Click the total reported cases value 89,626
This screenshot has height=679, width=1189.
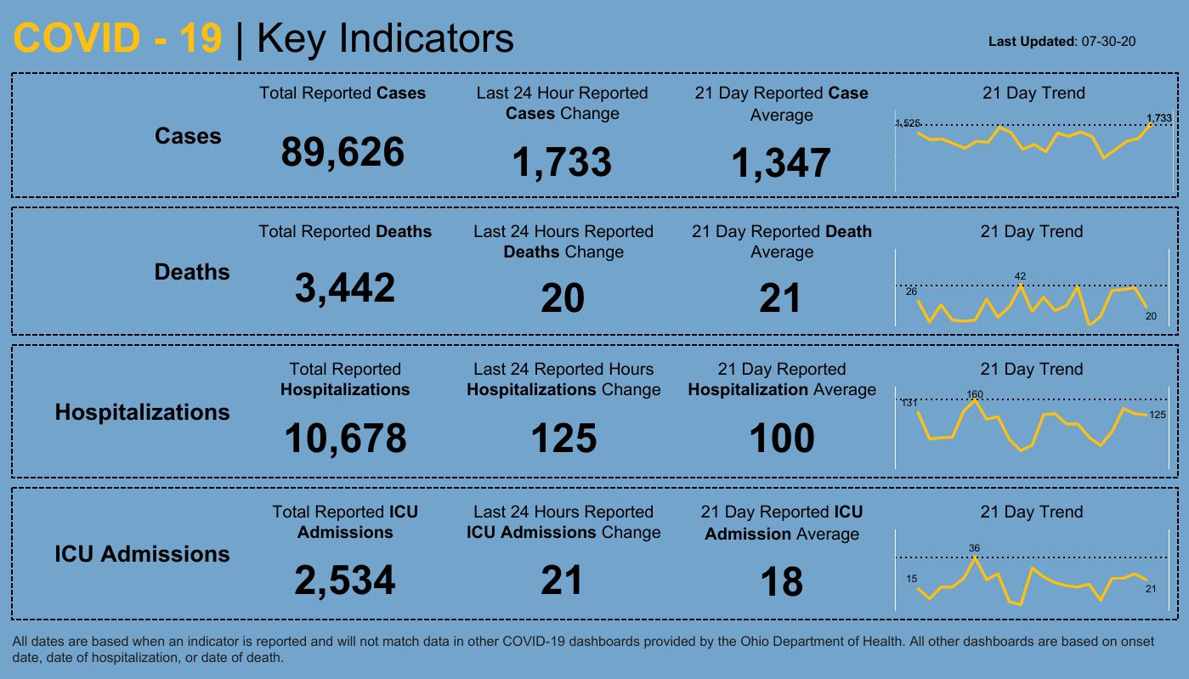click(343, 153)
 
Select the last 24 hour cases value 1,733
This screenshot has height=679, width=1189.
click(561, 162)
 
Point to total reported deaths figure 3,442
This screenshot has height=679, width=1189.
click(345, 288)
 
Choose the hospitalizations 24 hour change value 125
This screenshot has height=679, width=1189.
click(563, 439)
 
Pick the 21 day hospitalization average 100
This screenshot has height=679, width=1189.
click(781, 439)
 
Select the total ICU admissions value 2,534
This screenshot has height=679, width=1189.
click(345, 580)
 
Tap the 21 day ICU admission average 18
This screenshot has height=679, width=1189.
click(781, 582)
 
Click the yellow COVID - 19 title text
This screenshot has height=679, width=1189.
click(118, 39)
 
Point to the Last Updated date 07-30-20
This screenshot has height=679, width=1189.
click(1109, 41)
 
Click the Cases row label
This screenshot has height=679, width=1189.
click(188, 136)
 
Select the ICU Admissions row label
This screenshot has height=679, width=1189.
click(142, 554)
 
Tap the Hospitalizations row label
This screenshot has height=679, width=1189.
click(142, 412)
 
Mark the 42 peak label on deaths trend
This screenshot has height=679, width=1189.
click(1021, 276)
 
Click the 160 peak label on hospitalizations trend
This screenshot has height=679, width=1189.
click(975, 394)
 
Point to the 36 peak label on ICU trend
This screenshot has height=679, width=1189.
click(975, 548)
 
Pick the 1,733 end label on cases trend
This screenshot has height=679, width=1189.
click(1158, 118)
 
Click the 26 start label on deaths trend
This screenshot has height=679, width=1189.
click(912, 291)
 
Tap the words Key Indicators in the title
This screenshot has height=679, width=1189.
click(385, 39)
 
